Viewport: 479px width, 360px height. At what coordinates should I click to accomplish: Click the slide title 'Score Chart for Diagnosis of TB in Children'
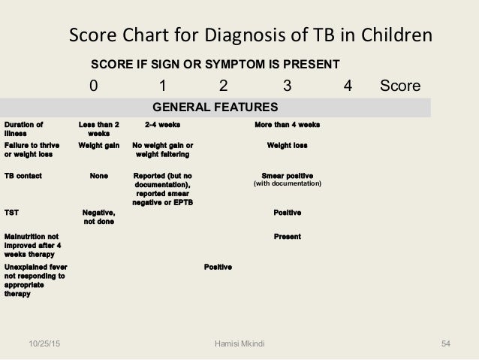250,35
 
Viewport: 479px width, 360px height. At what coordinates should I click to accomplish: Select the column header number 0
93,86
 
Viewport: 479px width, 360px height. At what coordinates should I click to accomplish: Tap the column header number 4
346,86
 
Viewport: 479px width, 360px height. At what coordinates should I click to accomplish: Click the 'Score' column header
400,86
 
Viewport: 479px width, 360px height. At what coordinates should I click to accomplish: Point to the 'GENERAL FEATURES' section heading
215,106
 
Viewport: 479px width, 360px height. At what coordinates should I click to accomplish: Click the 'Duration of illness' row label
23,129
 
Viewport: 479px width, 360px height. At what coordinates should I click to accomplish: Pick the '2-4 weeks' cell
162,124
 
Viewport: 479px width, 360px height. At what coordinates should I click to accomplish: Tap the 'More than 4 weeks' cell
289,124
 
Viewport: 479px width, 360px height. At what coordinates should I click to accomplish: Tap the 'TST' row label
11,213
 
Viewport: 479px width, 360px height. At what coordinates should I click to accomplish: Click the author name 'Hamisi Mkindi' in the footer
239,344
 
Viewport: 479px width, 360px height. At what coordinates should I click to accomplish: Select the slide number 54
445,344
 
